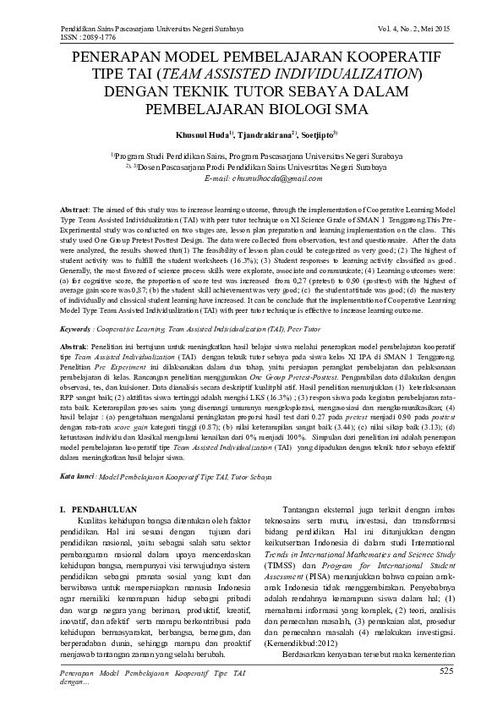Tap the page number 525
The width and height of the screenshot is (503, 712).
click(447, 671)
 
